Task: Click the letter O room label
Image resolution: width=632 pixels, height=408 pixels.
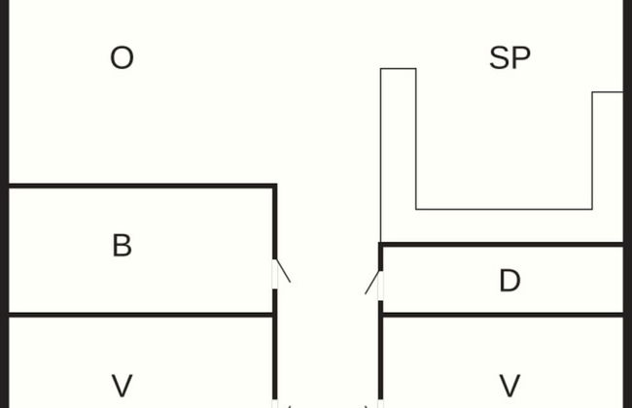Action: [x=122, y=58]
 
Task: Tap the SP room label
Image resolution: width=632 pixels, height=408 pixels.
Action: [x=509, y=58]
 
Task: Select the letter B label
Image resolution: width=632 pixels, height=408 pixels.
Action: [x=122, y=246]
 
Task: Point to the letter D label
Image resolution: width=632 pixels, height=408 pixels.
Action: [x=509, y=281]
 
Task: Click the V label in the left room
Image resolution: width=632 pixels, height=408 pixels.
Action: [x=122, y=386]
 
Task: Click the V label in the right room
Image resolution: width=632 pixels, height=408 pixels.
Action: [x=509, y=386]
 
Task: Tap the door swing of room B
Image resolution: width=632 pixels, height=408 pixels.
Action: [x=282, y=270]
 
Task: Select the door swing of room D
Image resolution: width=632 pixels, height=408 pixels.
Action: [x=372, y=283]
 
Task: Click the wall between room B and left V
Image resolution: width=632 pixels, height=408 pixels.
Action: [x=141, y=315]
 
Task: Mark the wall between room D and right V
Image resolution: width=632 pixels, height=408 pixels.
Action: [x=501, y=315]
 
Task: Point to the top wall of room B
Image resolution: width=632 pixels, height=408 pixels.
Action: [x=141, y=186]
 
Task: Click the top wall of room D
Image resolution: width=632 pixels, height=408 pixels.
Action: [x=501, y=244]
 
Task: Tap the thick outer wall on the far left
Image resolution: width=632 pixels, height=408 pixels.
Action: [x=4, y=194]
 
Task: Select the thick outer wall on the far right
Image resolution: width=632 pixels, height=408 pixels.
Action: [x=627, y=194]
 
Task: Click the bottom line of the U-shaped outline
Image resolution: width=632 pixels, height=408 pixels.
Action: [x=504, y=209]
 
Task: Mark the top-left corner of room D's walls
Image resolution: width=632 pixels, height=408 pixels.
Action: [x=380, y=245]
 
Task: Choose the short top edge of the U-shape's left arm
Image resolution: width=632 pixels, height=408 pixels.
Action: [x=398, y=69]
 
